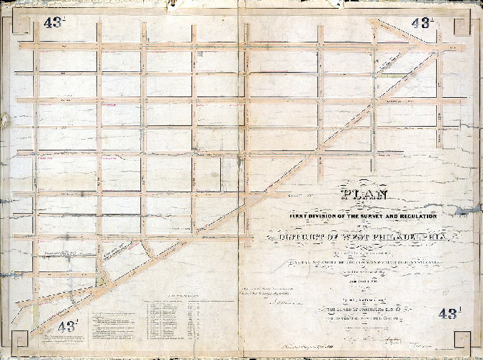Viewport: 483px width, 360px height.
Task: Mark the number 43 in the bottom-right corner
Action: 449,313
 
